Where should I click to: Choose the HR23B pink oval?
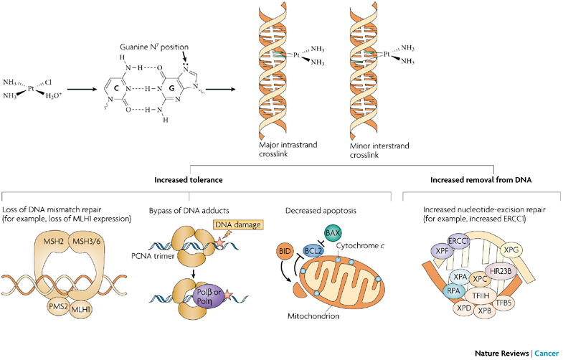coord(501,271)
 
